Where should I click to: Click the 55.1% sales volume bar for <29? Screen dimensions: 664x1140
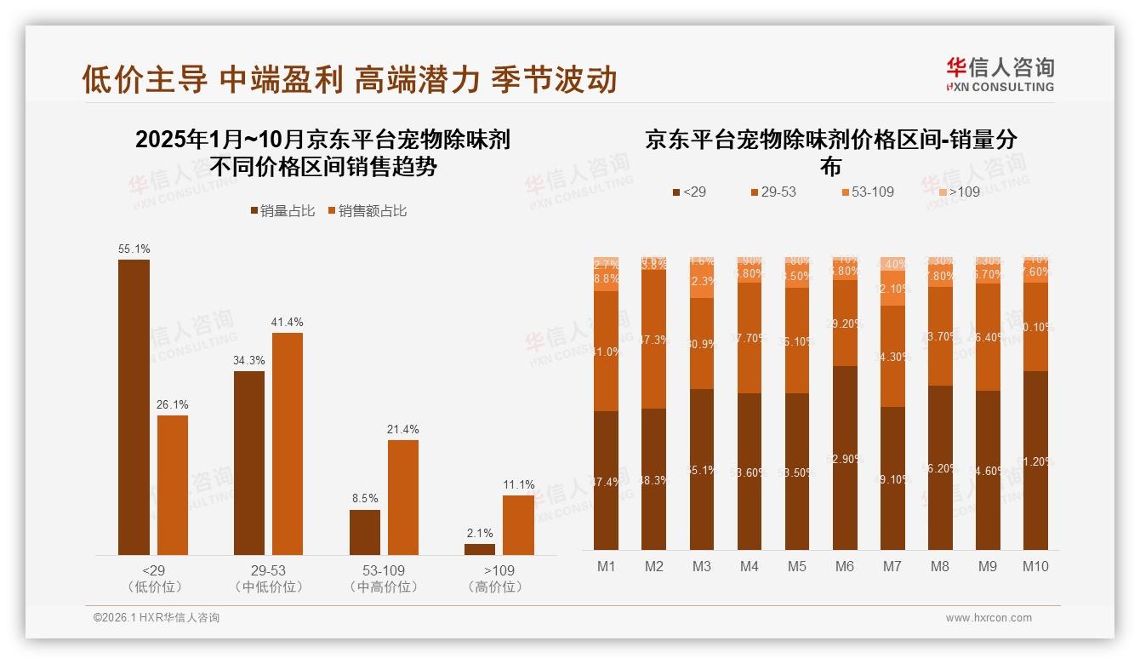click(134, 407)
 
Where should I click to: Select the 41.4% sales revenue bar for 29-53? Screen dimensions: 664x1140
click(288, 444)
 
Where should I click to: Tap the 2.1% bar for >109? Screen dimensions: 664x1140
click(480, 549)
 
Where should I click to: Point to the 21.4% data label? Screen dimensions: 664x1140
click(402, 429)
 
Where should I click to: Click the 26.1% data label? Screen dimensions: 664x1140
click(172, 404)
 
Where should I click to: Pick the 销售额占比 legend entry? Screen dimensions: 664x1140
click(367, 211)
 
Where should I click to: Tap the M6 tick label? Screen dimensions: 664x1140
click(844, 566)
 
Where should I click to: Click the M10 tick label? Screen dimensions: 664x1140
click(1035, 566)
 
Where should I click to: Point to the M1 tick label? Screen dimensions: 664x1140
click(607, 566)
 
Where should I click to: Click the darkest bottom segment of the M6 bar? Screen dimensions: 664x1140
click(844, 458)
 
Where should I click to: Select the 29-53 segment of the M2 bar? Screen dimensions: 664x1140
click(654, 339)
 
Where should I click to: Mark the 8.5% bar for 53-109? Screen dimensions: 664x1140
click(365, 532)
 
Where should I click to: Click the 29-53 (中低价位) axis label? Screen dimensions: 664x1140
click(268, 578)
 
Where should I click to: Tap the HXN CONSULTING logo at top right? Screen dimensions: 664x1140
click(1000, 74)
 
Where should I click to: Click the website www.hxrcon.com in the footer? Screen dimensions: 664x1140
click(989, 618)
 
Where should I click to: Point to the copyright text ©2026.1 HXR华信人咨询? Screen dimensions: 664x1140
click(157, 618)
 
